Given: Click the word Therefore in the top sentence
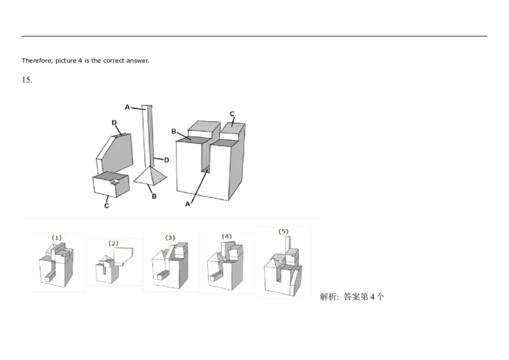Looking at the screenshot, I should click(x=34, y=61).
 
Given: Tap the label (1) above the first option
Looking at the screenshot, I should click(x=57, y=238).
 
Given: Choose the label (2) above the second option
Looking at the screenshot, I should click(x=113, y=243).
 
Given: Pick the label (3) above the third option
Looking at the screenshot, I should click(x=170, y=238).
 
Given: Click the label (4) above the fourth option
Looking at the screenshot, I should click(x=227, y=237).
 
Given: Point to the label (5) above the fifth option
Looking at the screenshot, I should click(x=283, y=232).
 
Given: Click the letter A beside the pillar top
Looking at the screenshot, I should click(x=128, y=107).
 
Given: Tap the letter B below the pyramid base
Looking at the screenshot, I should click(x=154, y=197).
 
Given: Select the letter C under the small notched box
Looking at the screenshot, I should click(x=107, y=205).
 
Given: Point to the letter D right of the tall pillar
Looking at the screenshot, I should click(x=166, y=160).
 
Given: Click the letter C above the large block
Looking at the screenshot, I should click(x=232, y=114).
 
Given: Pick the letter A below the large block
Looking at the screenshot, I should click(x=188, y=205).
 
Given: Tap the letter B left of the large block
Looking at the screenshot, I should click(x=174, y=131).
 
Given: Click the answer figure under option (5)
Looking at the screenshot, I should click(x=283, y=268).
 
